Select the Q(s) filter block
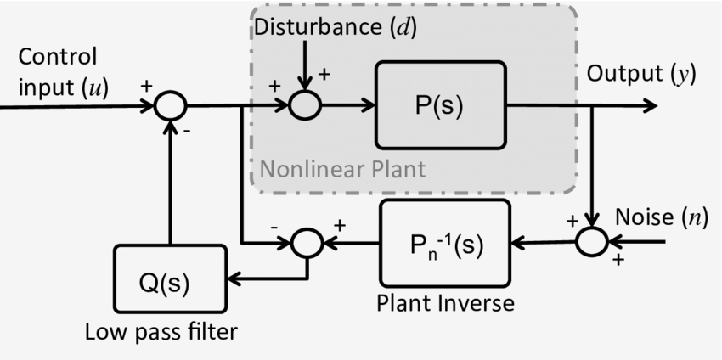coord(171,279)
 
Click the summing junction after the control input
coord(170,106)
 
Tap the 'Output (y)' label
coord(641,74)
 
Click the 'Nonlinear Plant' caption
coord(342,168)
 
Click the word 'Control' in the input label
coord(57,58)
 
